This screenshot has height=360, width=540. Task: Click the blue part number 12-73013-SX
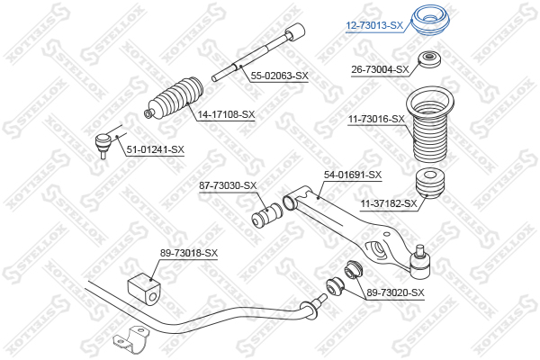pyautogui.click(x=374, y=25)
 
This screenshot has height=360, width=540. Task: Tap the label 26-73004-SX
pyautogui.click(x=380, y=69)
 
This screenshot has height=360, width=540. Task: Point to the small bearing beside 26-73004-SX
pyautogui.click(x=429, y=59)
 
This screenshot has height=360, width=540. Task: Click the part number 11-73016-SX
pyautogui.click(x=376, y=119)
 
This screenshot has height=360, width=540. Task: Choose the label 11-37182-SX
pyautogui.click(x=389, y=204)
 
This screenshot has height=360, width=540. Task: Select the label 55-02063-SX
pyautogui.click(x=279, y=76)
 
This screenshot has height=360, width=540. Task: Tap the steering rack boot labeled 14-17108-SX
pyautogui.click(x=173, y=100)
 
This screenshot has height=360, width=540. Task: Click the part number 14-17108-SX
pyautogui.click(x=226, y=114)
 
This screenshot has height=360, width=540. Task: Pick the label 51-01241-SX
pyautogui.click(x=156, y=149)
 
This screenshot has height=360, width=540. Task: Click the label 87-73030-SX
pyautogui.click(x=228, y=185)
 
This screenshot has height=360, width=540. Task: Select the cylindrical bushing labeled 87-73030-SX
pyautogui.click(x=267, y=216)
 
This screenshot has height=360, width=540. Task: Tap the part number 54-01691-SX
pyautogui.click(x=353, y=175)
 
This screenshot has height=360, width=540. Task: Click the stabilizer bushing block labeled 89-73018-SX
pyautogui.click(x=144, y=289)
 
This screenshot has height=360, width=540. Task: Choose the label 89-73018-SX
pyautogui.click(x=189, y=253)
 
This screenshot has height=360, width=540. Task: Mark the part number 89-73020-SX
pyautogui.click(x=395, y=292)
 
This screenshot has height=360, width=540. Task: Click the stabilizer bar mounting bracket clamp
pyautogui.click(x=131, y=339)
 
